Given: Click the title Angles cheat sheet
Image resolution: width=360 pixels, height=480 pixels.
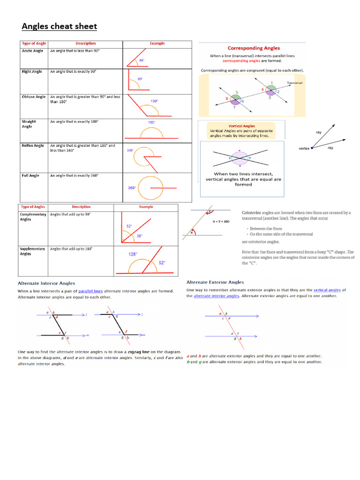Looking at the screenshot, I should click(x=59, y=26).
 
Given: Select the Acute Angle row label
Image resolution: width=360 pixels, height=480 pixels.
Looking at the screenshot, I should click(x=32, y=51).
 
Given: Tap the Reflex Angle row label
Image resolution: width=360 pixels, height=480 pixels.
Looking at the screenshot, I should click(x=33, y=145).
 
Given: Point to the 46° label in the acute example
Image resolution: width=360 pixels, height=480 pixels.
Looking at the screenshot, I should click(x=141, y=60).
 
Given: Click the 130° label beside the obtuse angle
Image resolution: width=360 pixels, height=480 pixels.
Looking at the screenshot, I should click(x=154, y=101).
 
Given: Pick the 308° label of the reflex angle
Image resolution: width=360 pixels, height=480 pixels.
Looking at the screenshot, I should click(x=130, y=150).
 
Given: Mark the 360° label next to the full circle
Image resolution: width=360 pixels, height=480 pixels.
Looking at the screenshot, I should click(x=132, y=188).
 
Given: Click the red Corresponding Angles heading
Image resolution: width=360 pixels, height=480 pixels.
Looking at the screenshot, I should click(x=254, y=48).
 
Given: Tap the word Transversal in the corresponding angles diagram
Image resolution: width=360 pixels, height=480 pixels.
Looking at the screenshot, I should click(x=295, y=82).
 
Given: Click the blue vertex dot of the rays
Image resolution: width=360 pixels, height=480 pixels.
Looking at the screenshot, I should click(x=312, y=148).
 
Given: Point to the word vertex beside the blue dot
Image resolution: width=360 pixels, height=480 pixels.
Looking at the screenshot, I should click(x=304, y=148).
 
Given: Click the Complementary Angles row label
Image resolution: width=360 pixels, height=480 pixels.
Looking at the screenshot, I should click(x=33, y=217).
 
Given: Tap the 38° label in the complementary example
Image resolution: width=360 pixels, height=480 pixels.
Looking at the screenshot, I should click(x=139, y=236).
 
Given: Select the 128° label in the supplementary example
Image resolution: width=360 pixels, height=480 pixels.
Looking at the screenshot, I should click(x=133, y=255).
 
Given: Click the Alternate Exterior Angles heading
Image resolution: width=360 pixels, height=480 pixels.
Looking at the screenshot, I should click(x=215, y=282).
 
